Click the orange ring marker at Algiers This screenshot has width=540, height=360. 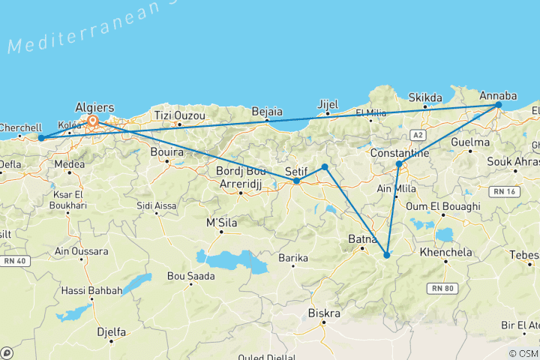93,121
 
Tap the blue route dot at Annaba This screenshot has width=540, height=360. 499,106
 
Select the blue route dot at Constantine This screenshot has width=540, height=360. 399,163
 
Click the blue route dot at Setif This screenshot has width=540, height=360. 297,181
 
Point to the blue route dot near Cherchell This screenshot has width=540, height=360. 41,138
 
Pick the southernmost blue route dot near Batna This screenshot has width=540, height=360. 386,255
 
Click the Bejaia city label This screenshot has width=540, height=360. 266,109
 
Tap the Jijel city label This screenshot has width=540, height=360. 328,103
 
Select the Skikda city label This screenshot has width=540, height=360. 425,97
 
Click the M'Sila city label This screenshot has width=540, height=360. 220,222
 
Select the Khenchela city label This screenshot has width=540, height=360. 447,253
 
